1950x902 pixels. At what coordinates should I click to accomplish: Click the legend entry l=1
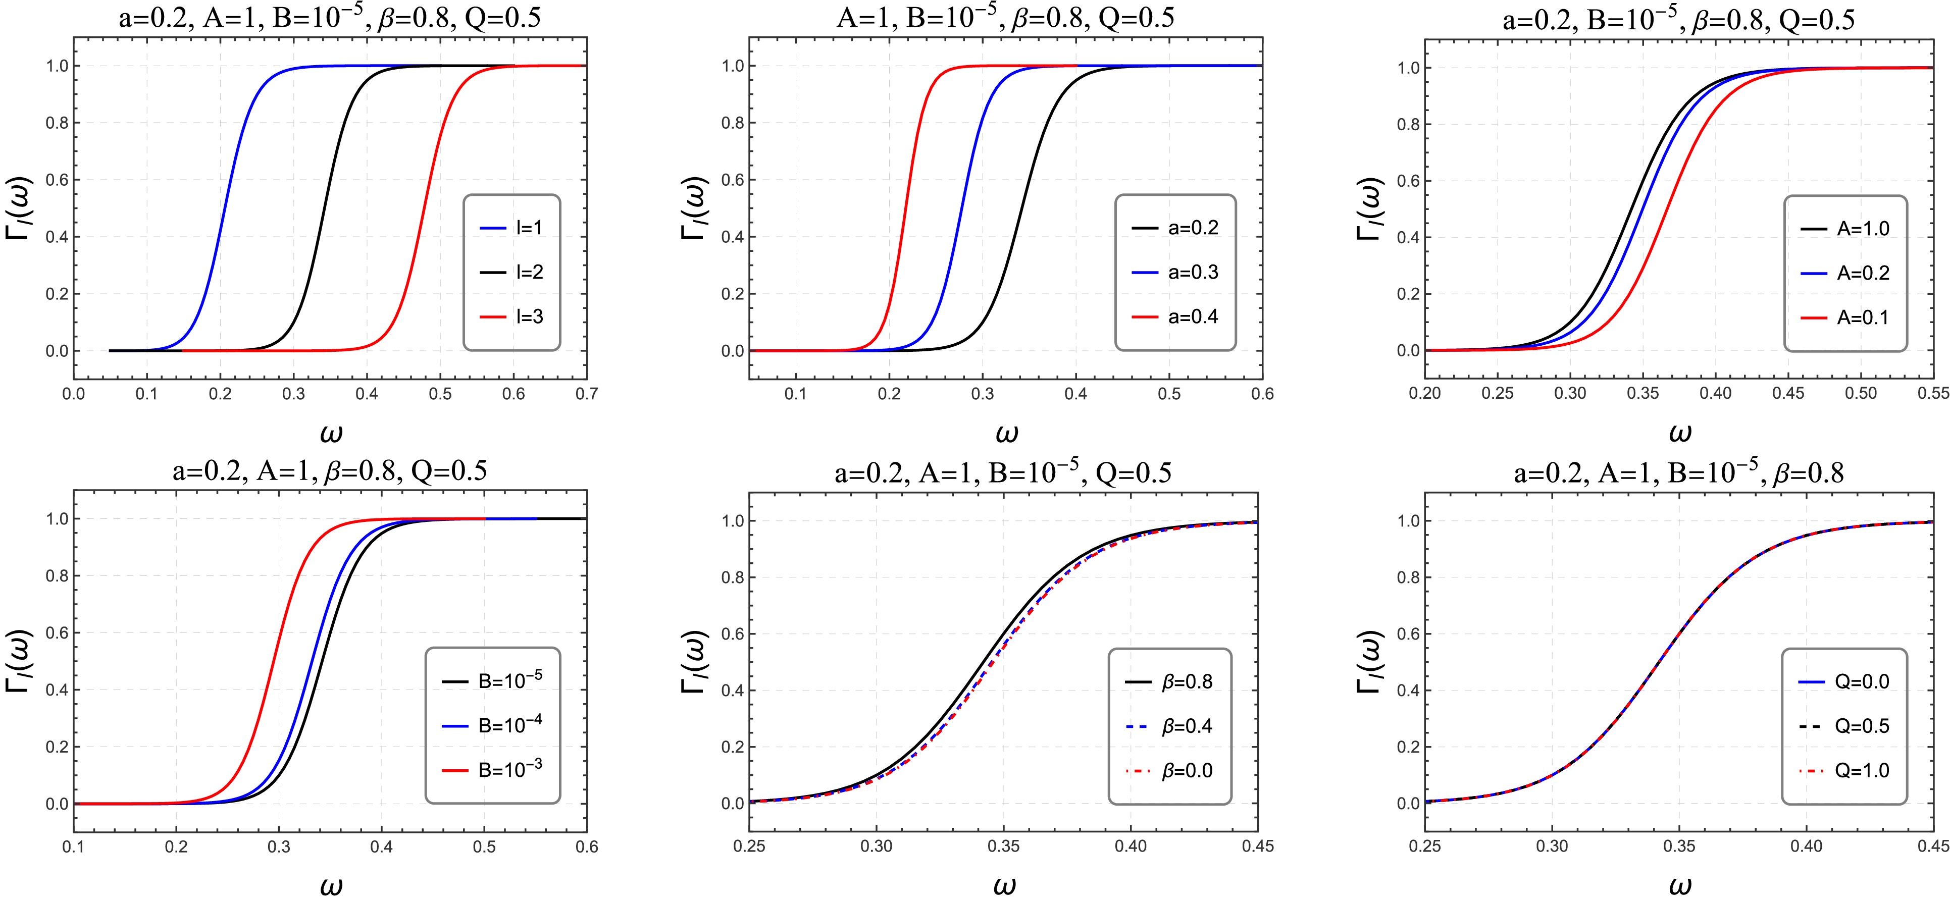511,228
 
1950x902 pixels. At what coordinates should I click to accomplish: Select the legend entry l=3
511,316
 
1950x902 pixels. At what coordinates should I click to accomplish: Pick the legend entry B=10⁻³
492,770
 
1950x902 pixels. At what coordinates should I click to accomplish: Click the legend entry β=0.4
1169,726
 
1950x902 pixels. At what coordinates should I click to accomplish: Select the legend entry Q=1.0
1844,770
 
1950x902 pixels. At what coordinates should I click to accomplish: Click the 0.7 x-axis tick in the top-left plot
587,394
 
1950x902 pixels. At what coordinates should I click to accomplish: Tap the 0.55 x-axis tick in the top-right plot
1934,394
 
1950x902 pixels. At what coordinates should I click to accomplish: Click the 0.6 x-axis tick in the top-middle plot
1262,394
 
